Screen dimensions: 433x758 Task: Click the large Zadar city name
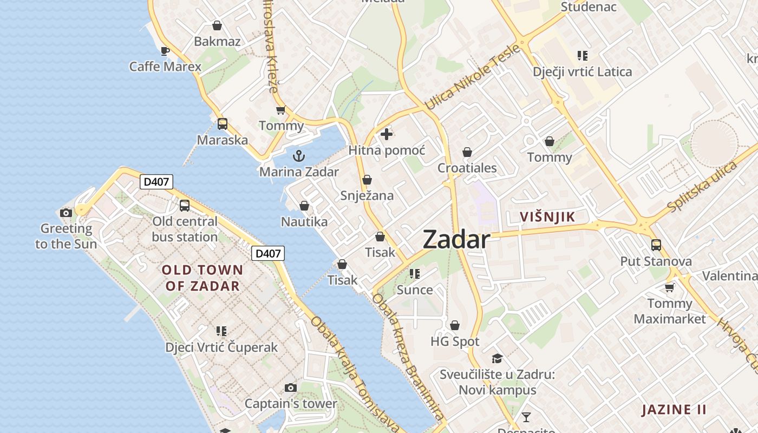point(456,239)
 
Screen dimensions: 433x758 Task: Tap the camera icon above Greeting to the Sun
point(66,213)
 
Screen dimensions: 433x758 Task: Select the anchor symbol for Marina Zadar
point(298,156)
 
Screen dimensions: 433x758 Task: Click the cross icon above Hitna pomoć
point(387,134)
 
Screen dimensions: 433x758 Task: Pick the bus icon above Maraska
point(222,123)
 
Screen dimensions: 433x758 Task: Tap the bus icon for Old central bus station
point(185,205)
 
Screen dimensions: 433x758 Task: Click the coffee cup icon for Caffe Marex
point(165,51)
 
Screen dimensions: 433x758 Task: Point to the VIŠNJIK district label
point(547,217)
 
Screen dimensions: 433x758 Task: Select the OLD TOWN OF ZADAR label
point(202,278)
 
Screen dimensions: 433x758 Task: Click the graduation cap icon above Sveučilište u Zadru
point(497,358)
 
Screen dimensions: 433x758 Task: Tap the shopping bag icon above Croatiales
point(467,152)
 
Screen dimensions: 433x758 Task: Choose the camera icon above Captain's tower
point(291,388)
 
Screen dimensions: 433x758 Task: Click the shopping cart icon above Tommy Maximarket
point(670,287)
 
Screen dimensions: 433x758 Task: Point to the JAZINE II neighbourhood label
point(674,410)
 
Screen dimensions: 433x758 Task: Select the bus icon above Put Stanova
point(656,245)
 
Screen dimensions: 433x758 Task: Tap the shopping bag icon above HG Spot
point(455,325)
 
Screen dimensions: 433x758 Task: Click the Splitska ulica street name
point(702,187)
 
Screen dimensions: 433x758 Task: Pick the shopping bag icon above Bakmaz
point(217,25)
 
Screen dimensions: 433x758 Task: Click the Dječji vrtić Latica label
point(582,71)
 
